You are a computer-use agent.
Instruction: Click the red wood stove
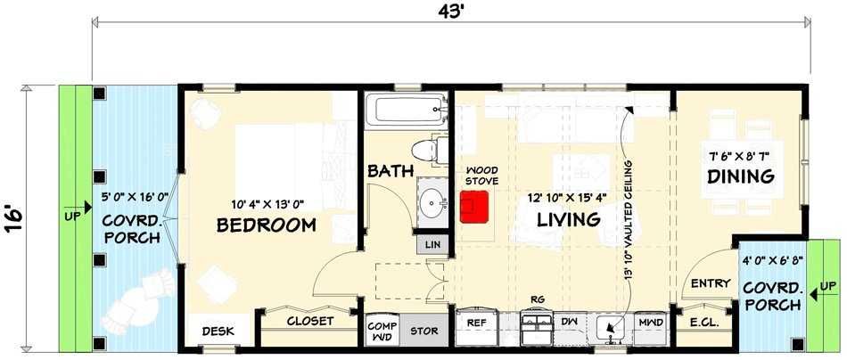[474, 206]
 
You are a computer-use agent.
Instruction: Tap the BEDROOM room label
[267, 225]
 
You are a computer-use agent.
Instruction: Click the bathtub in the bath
[407, 111]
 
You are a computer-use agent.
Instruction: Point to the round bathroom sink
[432, 204]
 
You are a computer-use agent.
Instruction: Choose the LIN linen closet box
[432, 244]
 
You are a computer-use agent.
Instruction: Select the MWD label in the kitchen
[652, 323]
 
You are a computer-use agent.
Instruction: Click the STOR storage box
[424, 331]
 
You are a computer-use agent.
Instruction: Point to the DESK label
[218, 331]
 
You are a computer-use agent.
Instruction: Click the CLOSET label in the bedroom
[310, 321]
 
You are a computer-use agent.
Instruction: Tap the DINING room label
[741, 176]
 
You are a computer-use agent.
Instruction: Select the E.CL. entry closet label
[704, 323]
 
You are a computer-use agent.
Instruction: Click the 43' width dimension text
[451, 11]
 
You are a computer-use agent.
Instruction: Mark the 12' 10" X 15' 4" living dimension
[568, 198]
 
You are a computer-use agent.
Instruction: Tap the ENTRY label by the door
[711, 282]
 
